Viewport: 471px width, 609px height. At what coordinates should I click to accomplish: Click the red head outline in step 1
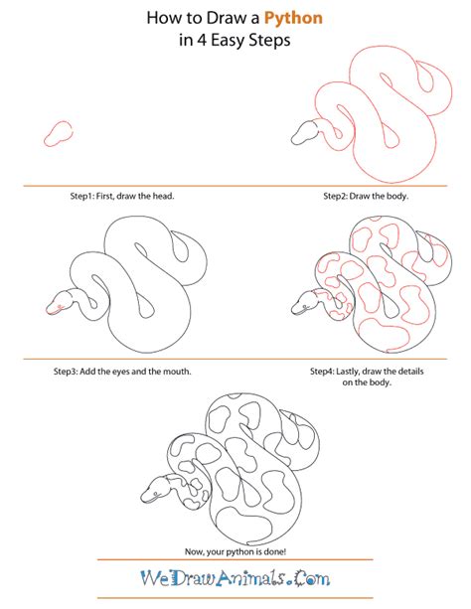click(x=59, y=132)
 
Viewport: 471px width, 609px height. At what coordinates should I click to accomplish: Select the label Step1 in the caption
click(x=74, y=197)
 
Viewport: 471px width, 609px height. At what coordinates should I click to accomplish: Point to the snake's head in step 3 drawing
click(x=62, y=300)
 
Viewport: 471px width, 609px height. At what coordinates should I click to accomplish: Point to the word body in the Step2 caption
click(x=394, y=197)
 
